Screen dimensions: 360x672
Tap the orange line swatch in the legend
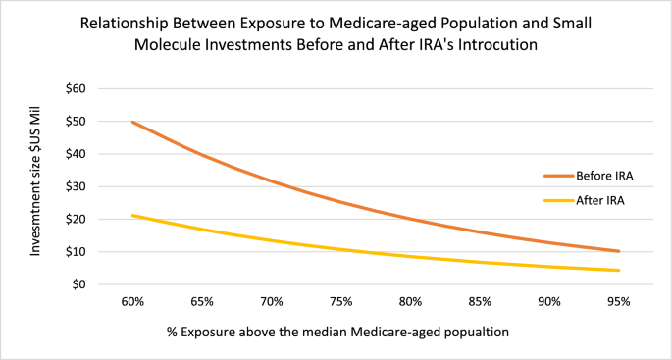(558, 176)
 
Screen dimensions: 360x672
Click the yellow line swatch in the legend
(558, 199)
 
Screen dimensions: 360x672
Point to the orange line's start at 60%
(131, 123)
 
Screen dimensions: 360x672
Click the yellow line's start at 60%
(131, 215)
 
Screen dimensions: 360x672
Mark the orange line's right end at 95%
(619, 251)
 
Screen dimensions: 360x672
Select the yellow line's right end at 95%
(619, 271)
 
